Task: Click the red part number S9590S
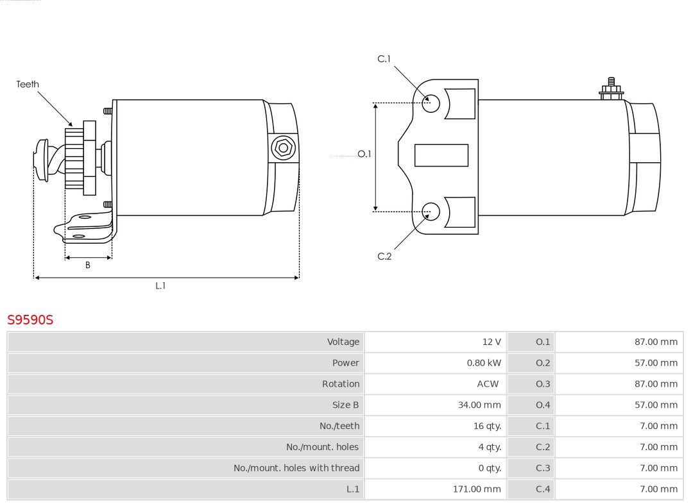30,319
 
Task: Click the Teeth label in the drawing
28,84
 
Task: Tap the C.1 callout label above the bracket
384,59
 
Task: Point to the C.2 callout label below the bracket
384,256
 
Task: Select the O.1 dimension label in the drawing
364,154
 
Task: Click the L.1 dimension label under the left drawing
160,286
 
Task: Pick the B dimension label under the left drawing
88,265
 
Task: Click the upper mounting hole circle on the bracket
431,103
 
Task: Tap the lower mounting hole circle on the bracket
431,212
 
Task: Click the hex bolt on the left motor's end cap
283,148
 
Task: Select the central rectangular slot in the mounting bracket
441,155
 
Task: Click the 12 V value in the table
492,342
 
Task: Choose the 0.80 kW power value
484,363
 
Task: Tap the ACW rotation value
488,384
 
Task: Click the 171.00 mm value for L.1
477,489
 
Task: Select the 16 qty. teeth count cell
487,426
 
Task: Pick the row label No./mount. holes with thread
296,468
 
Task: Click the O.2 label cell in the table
543,363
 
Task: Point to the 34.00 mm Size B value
479,405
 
